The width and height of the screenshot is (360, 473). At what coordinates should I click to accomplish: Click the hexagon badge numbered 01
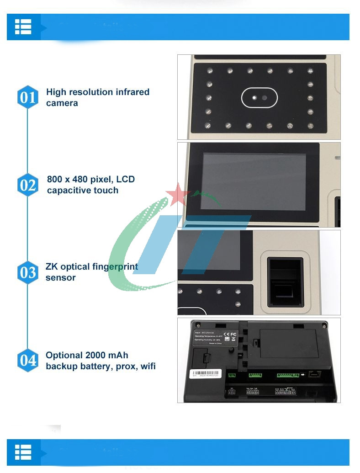click(x=28, y=97)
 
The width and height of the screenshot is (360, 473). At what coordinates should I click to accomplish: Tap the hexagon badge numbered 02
click(x=28, y=185)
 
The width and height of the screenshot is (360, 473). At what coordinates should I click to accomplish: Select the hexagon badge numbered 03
click(x=28, y=272)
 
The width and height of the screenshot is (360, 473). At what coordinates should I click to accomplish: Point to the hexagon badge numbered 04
click(x=28, y=360)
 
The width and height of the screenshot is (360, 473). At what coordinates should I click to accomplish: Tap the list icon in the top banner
click(x=23, y=27)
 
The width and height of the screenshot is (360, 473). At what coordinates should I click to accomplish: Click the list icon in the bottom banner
click(x=23, y=452)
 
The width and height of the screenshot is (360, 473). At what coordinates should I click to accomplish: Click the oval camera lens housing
click(x=259, y=98)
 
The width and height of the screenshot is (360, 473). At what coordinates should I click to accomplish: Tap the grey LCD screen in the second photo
click(x=254, y=181)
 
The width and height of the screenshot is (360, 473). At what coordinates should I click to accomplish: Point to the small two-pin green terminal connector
click(x=232, y=375)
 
